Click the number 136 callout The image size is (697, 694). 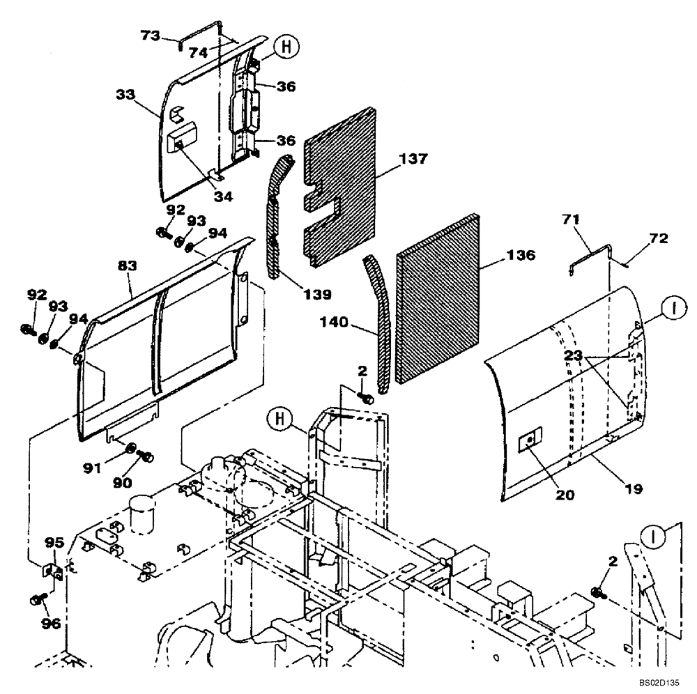pos(521,256)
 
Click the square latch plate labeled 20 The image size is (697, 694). pos(530,439)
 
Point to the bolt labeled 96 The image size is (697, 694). pos(38,599)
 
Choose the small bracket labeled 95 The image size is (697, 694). pos(52,571)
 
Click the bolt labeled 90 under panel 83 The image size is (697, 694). pos(146,458)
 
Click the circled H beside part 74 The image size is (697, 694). pos(282,47)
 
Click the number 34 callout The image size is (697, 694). pos(222,196)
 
